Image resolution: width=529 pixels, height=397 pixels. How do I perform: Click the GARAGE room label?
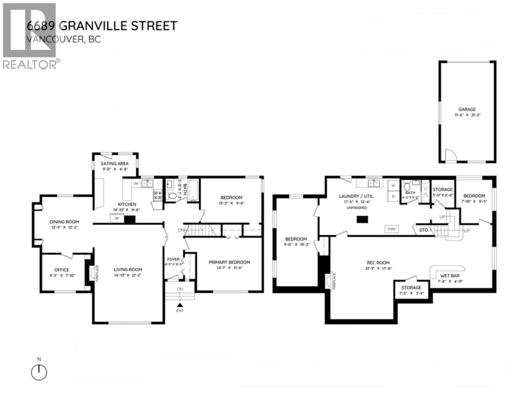pyautogui.click(x=467, y=110)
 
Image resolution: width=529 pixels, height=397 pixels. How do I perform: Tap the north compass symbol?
pyautogui.click(x=39, y=373)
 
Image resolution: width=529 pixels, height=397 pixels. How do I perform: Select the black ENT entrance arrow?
pyautogui.click(x=180, y=305)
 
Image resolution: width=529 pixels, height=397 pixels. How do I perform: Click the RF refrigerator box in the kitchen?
pyautogui.click(x=117, y=218)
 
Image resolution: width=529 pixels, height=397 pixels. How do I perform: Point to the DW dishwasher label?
pyautogui.click(x=136, y=183)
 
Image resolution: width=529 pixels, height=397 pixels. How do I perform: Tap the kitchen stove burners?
pyautogui.click(x=158, y=195)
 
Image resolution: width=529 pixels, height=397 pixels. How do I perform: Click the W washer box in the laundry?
pyautogui.click(x=393, y=186)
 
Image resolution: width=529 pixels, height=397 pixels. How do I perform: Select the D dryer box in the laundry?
pyautogui.click(x=393, y=196)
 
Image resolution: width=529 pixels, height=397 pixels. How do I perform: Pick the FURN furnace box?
pyautogui.click(x=391, y=229)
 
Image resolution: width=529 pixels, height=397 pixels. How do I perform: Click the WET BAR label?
pyautogui.click(x=450, y=276)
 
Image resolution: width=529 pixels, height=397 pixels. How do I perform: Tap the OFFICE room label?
pyautogui.click(x=62, y=270)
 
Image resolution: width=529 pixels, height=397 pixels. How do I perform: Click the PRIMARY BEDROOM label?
pyautogui.click(x=229, y=262)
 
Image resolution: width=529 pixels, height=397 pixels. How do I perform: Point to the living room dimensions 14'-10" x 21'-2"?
pyautogui.click(x=128, y=275)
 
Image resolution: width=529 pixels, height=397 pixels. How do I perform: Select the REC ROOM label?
pyautogui.click(x=378, y=263)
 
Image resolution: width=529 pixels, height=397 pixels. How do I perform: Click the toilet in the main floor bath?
pyautogui.click(x=172, y=196)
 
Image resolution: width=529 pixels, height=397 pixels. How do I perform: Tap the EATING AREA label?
pyautogui.click(x=115, y=163)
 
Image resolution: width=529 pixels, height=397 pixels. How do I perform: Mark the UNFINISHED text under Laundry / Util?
pyautogui.click(x=356, y=208)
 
